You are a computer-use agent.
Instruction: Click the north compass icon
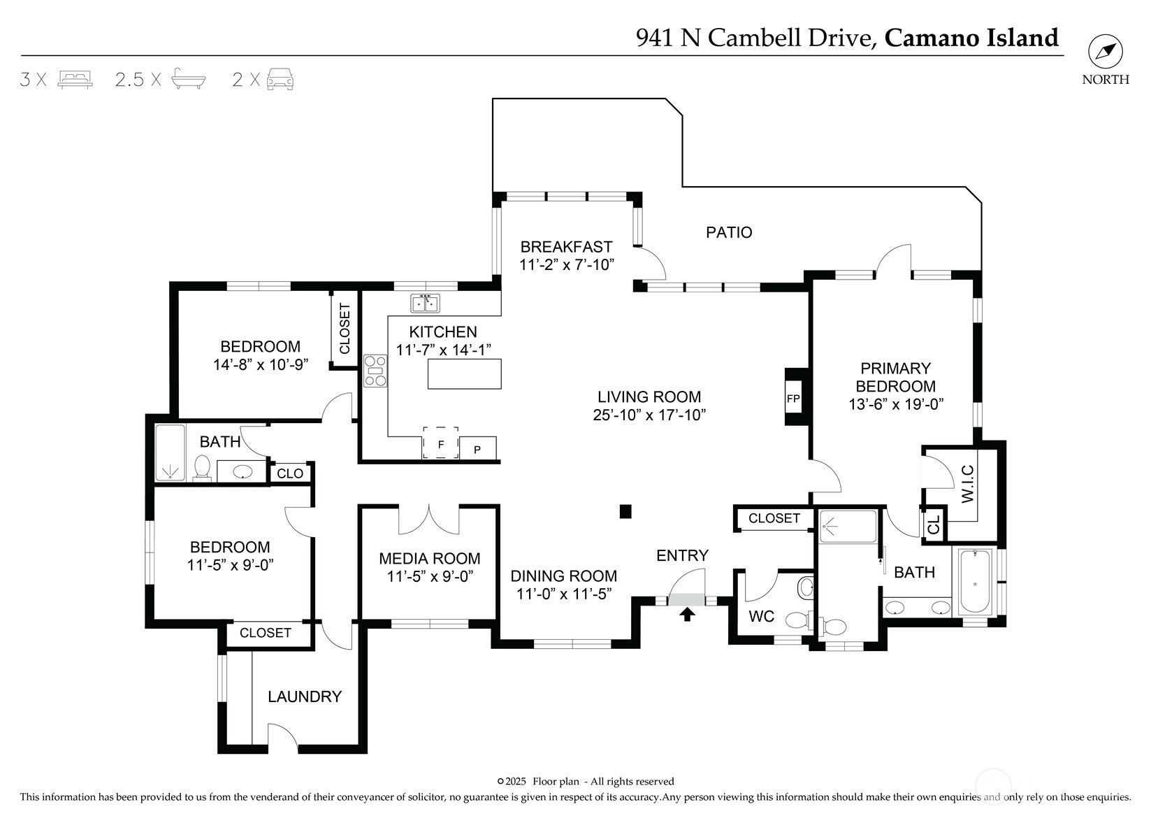pos(1106,52)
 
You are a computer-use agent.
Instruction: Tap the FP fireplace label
pos(793,399)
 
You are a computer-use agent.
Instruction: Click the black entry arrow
pos(687,614)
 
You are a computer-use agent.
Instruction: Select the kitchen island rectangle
pos(464,374)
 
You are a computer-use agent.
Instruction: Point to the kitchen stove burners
pos(375,371)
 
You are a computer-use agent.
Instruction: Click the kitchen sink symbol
pos(425,304)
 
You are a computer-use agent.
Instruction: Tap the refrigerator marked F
pos(440,443)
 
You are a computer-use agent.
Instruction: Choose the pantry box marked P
pos(478,448)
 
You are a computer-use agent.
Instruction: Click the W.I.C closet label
pos(968,484)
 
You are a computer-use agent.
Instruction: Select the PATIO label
pos(729,232)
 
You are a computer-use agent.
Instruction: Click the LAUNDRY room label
pos(305,697)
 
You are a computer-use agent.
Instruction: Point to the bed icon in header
pos(75,80)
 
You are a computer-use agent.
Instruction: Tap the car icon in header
pos(280,79)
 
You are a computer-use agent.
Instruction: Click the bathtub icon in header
pos(189,79)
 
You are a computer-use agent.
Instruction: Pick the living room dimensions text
pos(649,415)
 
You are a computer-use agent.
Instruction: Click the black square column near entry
pos(625,511)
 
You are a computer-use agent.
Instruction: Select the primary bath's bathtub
pos(975,580)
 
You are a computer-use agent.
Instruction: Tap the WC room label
pos(762,616)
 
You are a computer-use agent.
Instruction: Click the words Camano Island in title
pos(971,38)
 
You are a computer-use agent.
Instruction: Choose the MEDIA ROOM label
pos(430,558)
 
